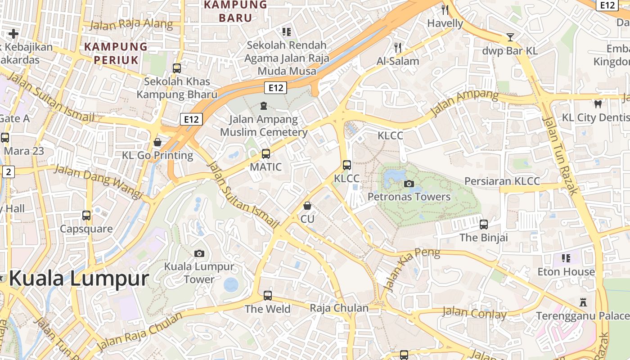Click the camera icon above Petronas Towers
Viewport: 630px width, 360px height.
pos(409,184)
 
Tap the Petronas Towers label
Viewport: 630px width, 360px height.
pos(409,197)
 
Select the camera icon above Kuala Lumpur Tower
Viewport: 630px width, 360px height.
pos(199,253)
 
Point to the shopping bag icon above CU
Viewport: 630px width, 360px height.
pos(307,206)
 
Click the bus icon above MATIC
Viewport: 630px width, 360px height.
pos(266,154)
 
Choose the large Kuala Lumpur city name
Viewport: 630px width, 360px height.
pos(79,279)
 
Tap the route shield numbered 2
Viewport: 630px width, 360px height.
pos(8,171)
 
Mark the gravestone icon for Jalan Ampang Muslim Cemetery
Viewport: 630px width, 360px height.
pos(264,106)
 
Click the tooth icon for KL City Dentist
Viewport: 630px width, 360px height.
pos(598,104)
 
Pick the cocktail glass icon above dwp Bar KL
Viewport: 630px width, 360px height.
pos(510,37)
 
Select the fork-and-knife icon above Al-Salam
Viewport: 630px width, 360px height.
pos(398,47)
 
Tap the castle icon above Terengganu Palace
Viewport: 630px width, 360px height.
pos(584,302)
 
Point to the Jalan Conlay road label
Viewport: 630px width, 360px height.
pos(474,313)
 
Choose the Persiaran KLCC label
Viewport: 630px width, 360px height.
pos(502,181)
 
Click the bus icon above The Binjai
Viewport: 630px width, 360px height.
pos(484,224)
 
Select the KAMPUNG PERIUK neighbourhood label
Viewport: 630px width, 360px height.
pos(116,53)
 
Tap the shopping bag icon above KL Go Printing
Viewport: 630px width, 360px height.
pos(157,142)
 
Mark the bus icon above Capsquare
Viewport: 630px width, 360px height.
pos(86,215)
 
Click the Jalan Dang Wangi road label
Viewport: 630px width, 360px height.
pos(99,181)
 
